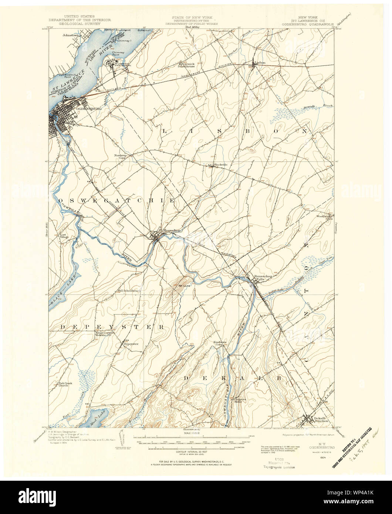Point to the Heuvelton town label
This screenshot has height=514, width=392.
point(172,231)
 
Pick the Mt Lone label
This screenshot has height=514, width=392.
point(185,285)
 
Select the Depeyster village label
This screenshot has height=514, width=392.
point(131,344)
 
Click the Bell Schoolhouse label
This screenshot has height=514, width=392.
point(128,291)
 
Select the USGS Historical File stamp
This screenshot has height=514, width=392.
point(279,463)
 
